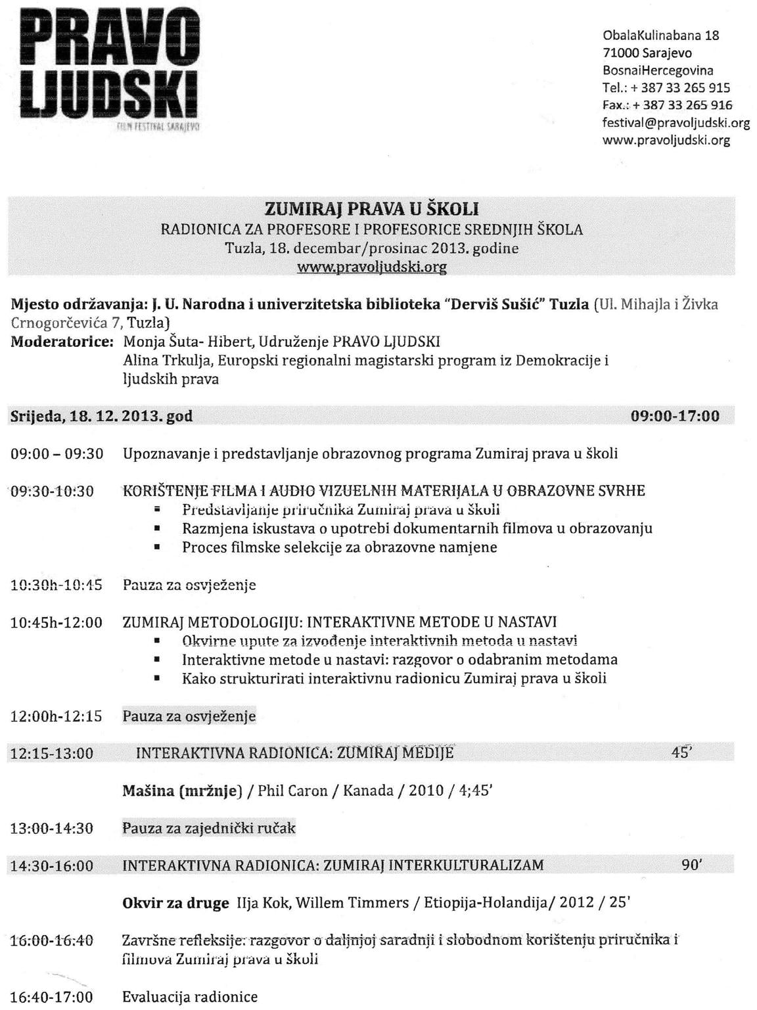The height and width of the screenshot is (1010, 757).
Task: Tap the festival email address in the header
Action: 676,123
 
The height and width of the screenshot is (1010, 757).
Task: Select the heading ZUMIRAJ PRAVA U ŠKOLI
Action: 371,209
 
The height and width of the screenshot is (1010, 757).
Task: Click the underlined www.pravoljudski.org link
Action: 371,267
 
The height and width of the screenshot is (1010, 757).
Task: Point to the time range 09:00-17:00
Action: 674,416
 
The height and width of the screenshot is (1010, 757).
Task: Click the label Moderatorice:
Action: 62,342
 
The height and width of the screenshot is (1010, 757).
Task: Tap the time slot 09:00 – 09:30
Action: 57,454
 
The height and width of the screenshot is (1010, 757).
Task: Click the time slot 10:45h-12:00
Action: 57,622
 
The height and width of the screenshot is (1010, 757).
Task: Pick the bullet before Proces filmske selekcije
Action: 157,547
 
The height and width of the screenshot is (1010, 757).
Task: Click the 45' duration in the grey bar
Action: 681,752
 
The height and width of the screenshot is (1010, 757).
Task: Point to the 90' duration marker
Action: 692,865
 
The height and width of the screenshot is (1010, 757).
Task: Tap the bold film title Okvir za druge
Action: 175,903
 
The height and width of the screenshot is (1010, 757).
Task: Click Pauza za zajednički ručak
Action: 209,828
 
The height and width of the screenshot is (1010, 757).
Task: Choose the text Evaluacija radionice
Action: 190,997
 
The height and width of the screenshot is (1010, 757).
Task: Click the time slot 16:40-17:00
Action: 52,997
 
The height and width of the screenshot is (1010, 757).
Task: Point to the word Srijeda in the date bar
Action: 35,417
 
